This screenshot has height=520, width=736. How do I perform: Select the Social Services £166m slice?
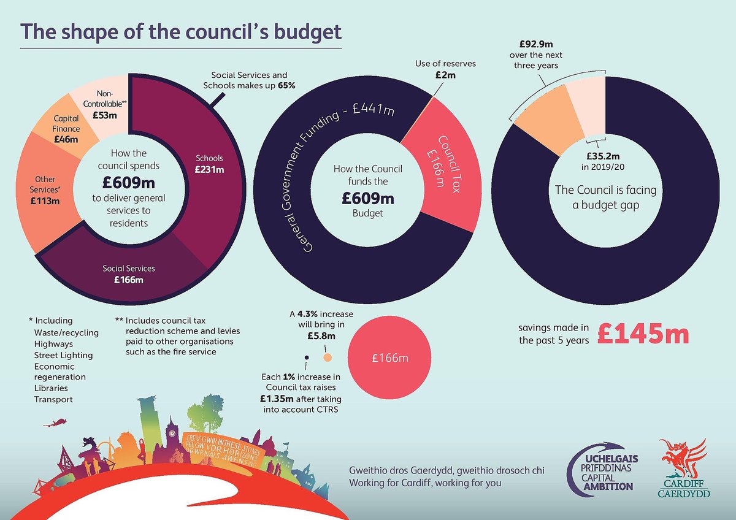129,275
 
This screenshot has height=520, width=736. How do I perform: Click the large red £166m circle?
390,358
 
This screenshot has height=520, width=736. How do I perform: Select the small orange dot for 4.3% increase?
327,357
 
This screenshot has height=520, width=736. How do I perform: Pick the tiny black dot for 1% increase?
307,357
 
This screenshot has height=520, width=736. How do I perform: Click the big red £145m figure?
643,335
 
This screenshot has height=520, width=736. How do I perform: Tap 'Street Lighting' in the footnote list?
63,355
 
